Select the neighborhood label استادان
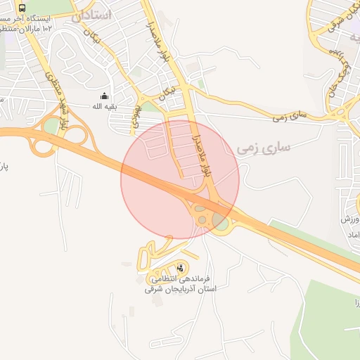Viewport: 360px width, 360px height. click(92, 14)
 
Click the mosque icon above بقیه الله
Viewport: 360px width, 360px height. click(105, 96)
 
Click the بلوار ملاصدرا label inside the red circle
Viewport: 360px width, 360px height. click(205, 150)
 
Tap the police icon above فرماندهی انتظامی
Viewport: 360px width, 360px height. click(181, 267)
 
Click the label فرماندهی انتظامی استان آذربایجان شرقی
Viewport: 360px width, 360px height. click(181, 283)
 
